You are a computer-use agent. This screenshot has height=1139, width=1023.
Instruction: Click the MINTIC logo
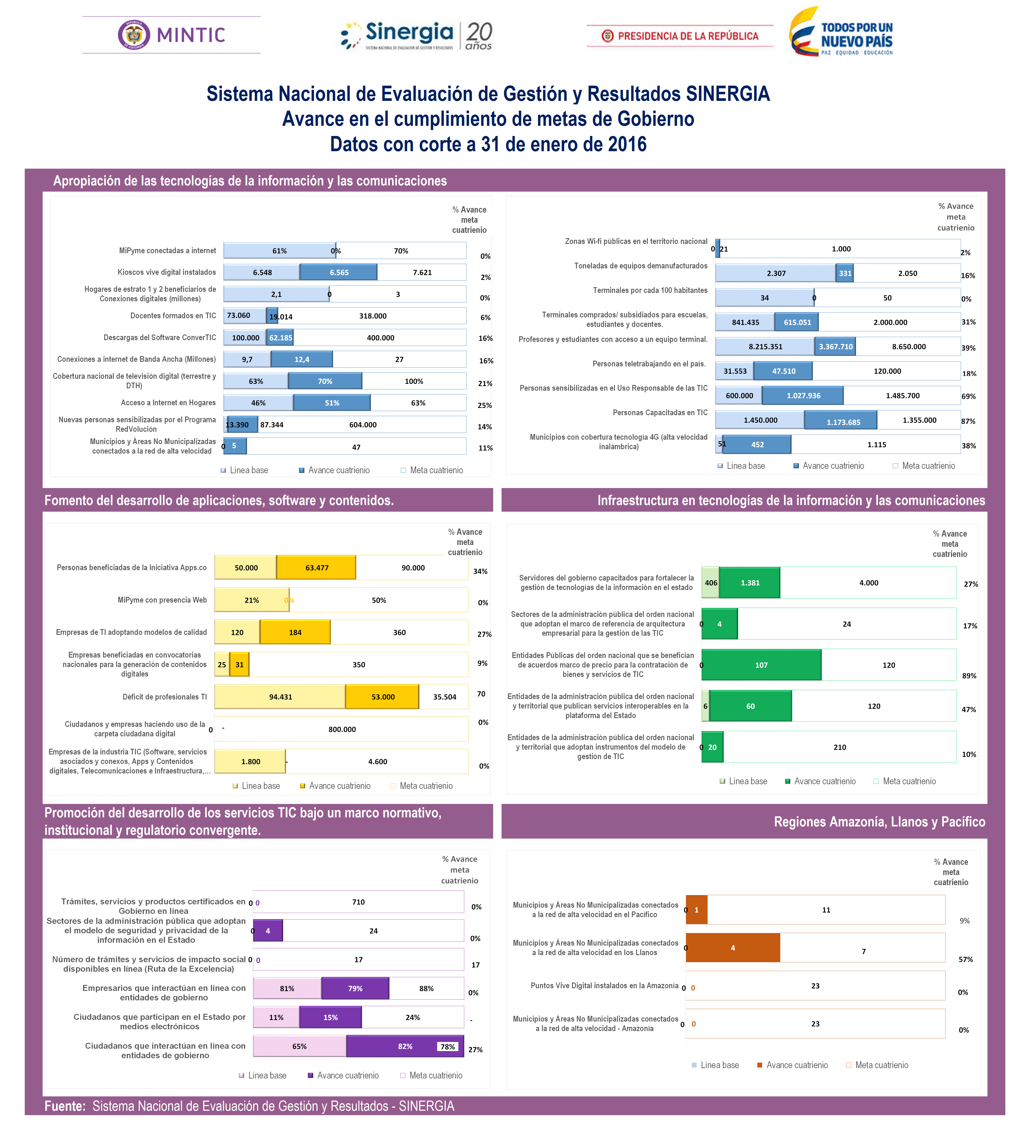tap(171, 35)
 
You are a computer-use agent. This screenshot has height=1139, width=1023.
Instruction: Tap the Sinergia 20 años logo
tap(416, 35)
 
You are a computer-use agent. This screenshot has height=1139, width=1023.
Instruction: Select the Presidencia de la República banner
tap(680, 36)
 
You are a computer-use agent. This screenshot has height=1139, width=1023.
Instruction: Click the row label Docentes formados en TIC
tap(173, 316)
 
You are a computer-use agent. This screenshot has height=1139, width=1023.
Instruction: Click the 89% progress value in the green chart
tap(969, 676)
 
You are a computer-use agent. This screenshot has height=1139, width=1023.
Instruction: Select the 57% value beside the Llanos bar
tap(966, 959)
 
